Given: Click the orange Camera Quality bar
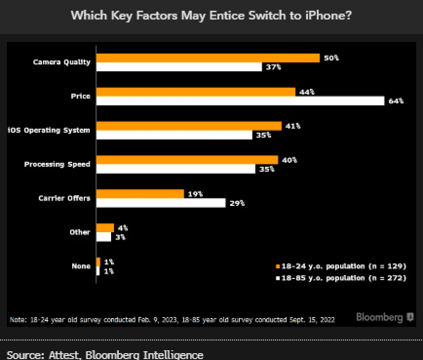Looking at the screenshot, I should pyautogui.click(x=208, y=58).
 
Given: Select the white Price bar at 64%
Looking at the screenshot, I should pyautogui.click(x=240, y=101).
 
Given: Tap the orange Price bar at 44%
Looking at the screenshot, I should pyautogui.click(x=195, y=92).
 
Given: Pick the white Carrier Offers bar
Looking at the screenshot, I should pyautogui.click(x=161, y=203).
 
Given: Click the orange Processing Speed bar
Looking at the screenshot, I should pyautogui.click(x=187, y=160).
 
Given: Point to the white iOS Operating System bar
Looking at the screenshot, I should pyautogui.click(x=174, y=135).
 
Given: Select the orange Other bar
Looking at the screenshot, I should pyautogui.click(x=105, y=228).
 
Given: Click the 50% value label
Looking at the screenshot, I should pyautogui.click(x=331, y=58).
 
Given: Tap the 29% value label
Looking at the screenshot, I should pyautogui.click(x=237, y=203).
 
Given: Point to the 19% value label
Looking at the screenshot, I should pyautogui.click(x=195, y=194).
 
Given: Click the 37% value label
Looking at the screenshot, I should pyautogui.click(x=273, y=67).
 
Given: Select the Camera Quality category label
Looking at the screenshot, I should pyautogui.click(x=61, y=62).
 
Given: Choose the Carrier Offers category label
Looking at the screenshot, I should pyautogui.click(x=64, y=198).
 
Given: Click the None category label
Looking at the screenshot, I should pyautogui.click(x=80, y=266).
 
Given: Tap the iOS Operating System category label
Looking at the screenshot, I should pyautogui.click(x=49, y=130).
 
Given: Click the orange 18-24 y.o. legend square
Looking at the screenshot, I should pyautogui.click(x=278, y=266).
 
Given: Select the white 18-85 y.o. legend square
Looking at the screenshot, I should pyautogui.click(x=278, y=278).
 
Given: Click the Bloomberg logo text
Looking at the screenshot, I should pyautogui.click(x=379, y=318).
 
